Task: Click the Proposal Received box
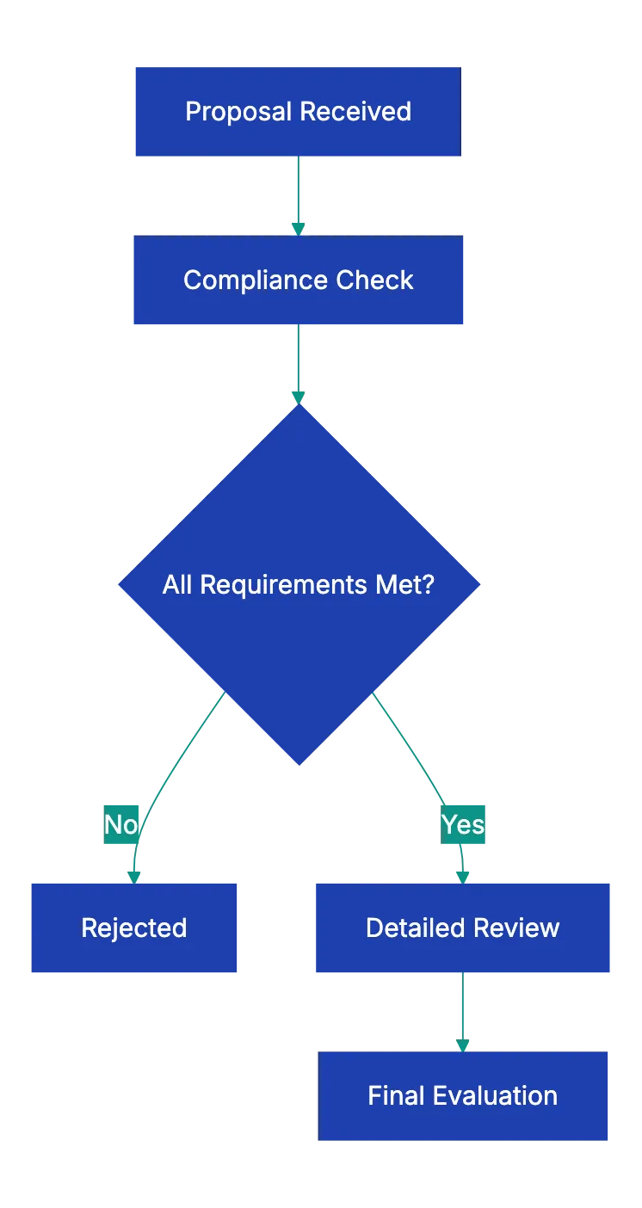click(x=297, y=110)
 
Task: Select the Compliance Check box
click(x=299, y=280)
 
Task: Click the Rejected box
click(x=134, y=928)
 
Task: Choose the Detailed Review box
click(x=462, y=928)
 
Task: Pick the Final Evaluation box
click(x=463, y=1095)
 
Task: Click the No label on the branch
click(x=121, y=824)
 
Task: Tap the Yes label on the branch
click(x=463, y=824)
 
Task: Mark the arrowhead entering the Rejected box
click(x=134, y=875)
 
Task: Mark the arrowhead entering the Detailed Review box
click(x=463, y=875)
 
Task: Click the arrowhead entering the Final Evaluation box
click(x=463, y=1044)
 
